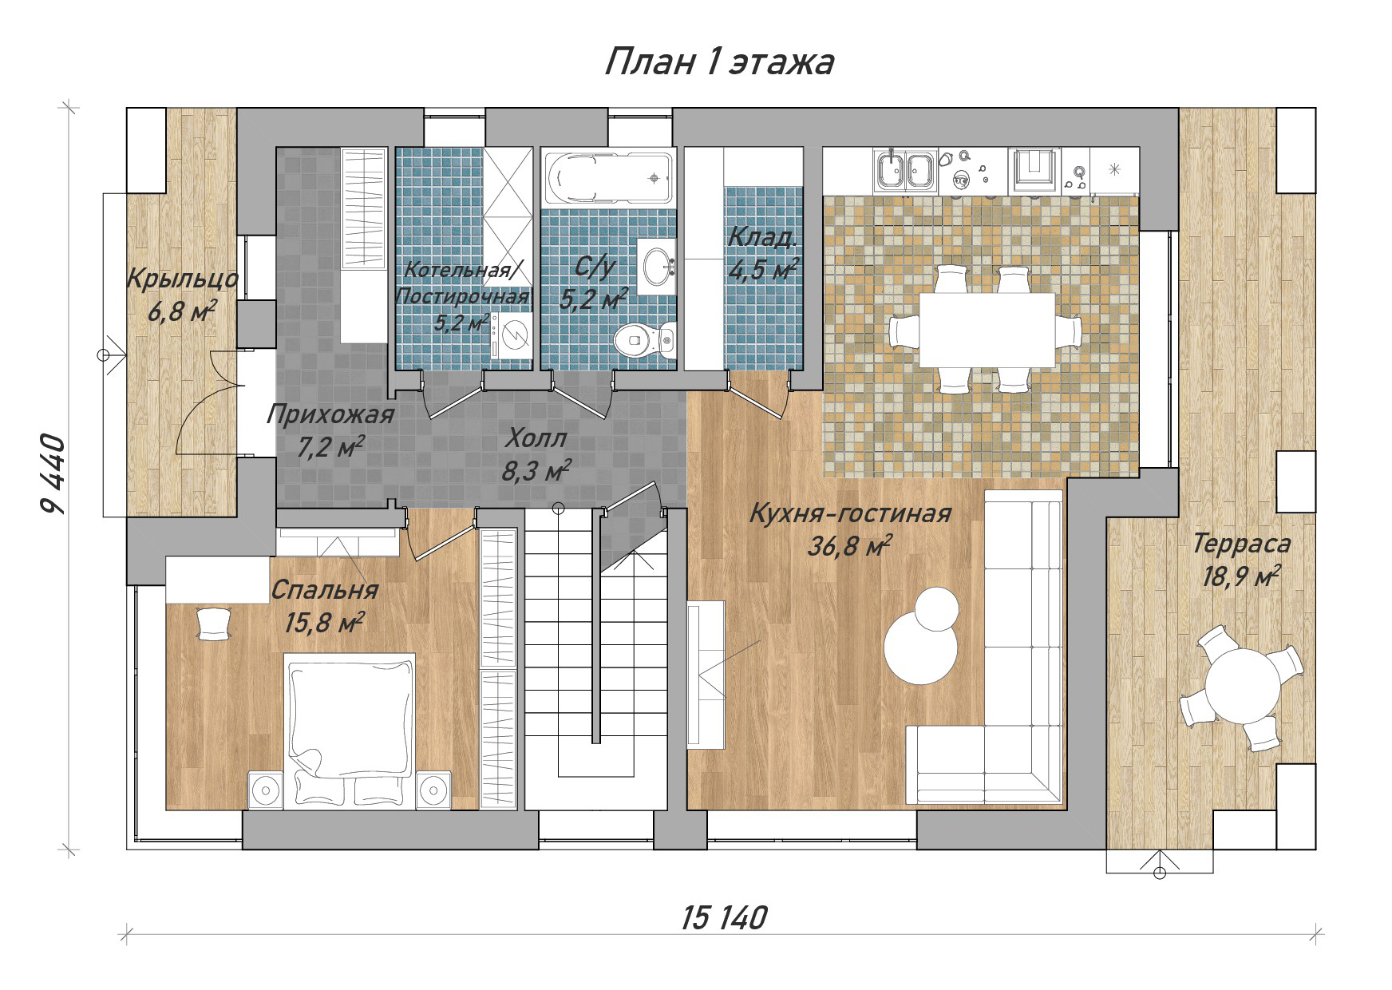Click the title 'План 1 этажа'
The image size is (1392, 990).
(x=718, y=61)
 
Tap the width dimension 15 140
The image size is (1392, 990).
(x=724, y=918)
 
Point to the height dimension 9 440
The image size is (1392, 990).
(x=51, y=476)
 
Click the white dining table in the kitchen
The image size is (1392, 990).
(x=987, y=330)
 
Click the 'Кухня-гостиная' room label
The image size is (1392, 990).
(x=850, y=513)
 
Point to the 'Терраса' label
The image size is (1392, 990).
(x=1241, y=544)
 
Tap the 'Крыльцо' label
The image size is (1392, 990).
(x=183, y=279)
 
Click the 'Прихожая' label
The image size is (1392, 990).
(x=330, y=415)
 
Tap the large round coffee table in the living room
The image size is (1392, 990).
(x=921, y=648)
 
